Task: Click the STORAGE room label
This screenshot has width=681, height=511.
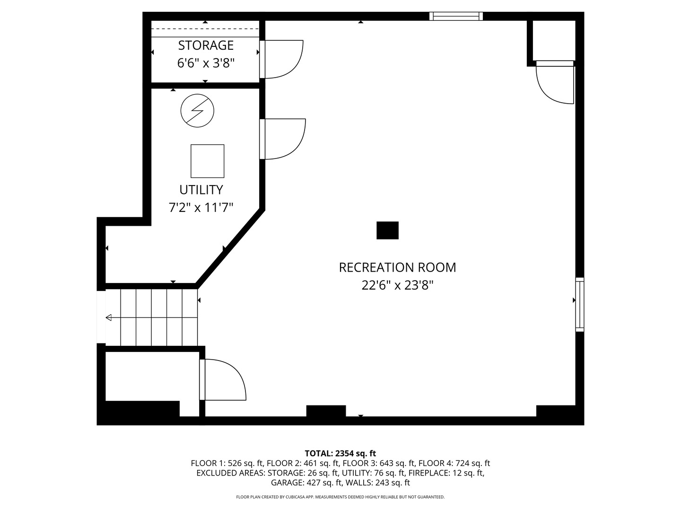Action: click(206, 45)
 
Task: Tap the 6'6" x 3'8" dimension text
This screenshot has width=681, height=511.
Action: click(206, 63)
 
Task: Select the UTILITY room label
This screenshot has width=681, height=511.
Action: click(201, 190)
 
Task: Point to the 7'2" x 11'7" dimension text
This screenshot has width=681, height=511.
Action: click(201, 207)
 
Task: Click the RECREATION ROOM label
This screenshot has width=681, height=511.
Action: click(397, 267)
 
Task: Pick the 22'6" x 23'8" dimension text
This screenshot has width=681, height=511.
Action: click(397, 285)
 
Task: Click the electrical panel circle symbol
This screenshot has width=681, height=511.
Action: click(197, 110)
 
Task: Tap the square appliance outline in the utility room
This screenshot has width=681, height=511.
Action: click(207, 161)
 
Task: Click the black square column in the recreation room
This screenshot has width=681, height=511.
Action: click(387, 230)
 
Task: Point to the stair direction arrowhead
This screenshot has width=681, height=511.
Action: click(109, 317)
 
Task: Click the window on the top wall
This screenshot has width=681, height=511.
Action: click(456, 16)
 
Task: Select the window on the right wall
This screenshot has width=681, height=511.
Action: click(579, 305)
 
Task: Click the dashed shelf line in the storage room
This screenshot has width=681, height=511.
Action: click(205, 29)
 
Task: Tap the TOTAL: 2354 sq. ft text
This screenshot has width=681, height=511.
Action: click(340, 453)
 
